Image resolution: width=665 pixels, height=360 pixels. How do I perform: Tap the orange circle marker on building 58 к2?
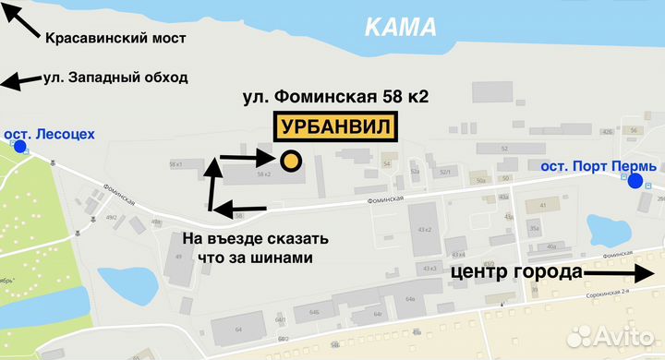point(290,162)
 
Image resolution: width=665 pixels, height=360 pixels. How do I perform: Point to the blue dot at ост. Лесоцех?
point(19,146)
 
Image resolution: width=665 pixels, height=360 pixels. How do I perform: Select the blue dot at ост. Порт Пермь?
point(635,181)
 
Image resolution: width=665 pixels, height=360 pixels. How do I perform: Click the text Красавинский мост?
point(115,38)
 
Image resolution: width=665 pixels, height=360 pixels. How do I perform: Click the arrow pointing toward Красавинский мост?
point(20,18)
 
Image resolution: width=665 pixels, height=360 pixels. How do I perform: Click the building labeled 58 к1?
point(177,164)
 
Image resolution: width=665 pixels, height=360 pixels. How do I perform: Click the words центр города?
point(516,272)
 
